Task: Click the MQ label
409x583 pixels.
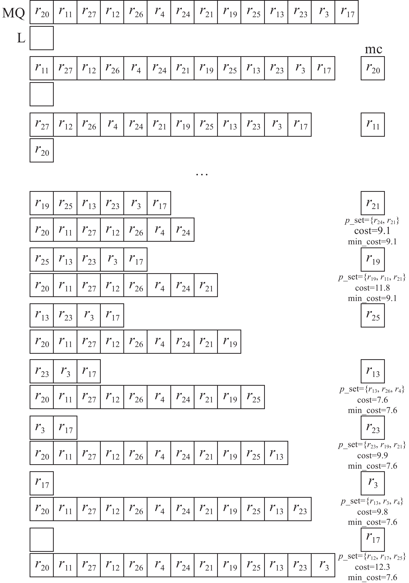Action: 14,13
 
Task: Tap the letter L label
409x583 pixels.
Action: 21,39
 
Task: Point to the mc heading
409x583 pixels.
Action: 373,49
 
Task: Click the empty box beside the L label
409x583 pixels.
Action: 42,38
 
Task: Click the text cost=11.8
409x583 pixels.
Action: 372,288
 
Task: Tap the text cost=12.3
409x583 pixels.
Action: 372,567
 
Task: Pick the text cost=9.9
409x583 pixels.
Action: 372,456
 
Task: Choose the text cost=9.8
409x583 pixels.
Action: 372,512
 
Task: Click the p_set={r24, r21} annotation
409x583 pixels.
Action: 372,221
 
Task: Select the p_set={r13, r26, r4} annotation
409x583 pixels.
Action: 372,389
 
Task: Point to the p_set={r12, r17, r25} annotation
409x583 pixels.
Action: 372,556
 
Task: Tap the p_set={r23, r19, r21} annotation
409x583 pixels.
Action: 372,445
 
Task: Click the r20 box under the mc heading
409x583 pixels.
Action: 373,68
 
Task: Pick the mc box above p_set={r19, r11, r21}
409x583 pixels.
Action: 373,259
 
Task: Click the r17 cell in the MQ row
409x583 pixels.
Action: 346,12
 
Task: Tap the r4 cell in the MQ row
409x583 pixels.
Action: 159,12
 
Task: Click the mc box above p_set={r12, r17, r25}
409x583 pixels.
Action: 373,539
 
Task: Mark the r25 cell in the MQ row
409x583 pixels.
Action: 253,12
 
